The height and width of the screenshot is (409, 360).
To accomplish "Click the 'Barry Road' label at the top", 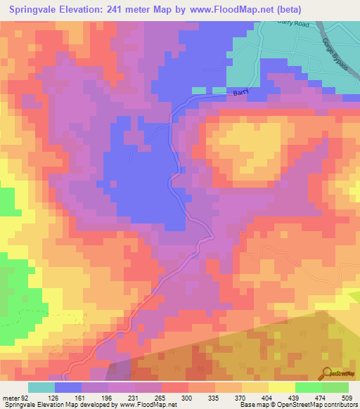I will click(x=295, y=24).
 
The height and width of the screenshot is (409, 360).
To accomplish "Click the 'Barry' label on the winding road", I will click(x=241, y=92).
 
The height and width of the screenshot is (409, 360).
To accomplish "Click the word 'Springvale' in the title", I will click(x=36, y=11).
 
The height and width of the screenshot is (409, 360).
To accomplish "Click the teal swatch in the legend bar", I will click(x=41, y=387).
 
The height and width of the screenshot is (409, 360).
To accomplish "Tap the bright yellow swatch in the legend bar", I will click(x=282, y=387).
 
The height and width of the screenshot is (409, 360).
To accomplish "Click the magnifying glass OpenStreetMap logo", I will click(x=327, y=373).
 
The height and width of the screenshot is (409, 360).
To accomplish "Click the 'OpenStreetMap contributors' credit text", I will click(x=321, y=405).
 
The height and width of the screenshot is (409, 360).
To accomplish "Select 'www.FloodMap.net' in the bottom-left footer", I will click(x=150, y=405).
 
